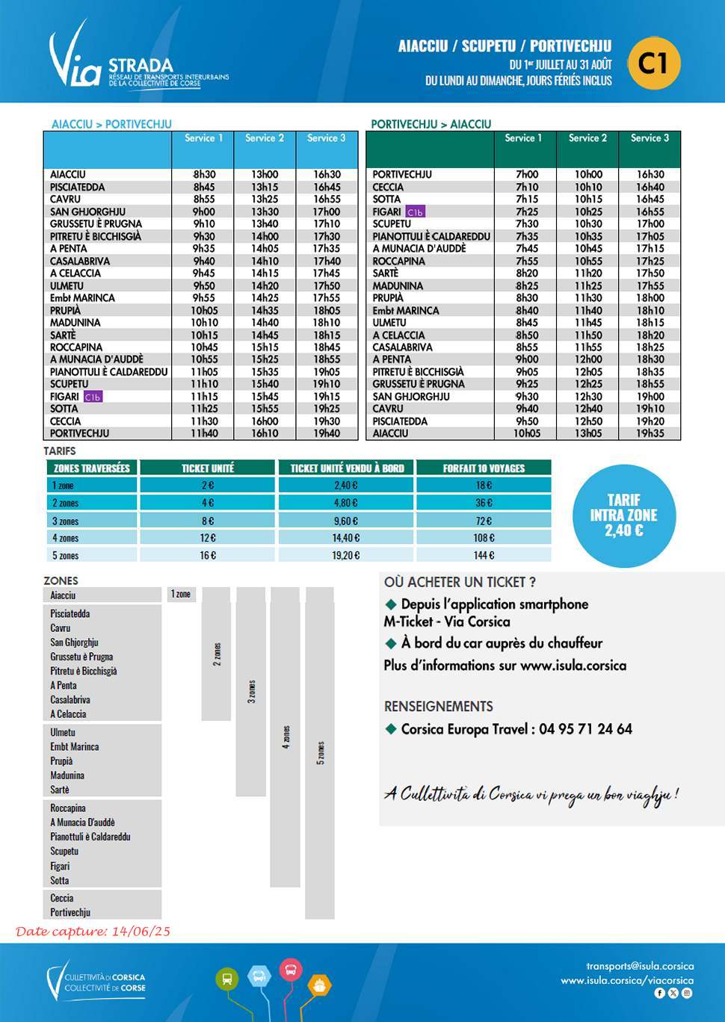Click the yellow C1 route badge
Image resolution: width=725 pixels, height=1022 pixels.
tap(653, 63)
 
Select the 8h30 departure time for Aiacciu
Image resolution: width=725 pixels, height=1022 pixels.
tap(204, 175)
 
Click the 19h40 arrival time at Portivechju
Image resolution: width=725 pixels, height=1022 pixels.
tap(327, 433)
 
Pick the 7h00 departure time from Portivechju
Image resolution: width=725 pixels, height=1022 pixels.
tap(527, 175)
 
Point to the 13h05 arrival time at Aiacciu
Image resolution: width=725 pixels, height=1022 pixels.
tap(588, 433)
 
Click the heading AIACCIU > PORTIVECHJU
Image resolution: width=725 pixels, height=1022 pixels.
tap(111, 124)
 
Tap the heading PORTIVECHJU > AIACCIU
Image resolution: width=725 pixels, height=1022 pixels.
tap(431, 124)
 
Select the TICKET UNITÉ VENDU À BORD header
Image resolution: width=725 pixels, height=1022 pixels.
tap(347, 468)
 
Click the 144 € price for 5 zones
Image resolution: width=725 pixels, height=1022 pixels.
tap(484, 556)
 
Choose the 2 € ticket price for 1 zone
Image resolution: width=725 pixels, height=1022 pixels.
tap(207, 486)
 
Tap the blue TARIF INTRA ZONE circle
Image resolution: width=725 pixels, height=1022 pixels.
tap(623, 515)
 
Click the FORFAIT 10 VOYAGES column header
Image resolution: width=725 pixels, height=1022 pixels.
tap(484, 468)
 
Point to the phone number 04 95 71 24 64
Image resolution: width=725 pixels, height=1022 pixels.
tap(585, 729)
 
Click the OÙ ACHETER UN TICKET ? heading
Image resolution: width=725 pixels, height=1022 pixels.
tap(460, 582)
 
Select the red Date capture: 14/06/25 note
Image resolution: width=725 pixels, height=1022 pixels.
tap(93, 932)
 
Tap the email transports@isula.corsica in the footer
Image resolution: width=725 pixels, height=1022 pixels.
tap(640, 966)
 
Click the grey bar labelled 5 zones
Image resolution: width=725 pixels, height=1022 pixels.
tap(320, 753)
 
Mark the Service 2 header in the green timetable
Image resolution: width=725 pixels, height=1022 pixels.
tap(587, 138)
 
